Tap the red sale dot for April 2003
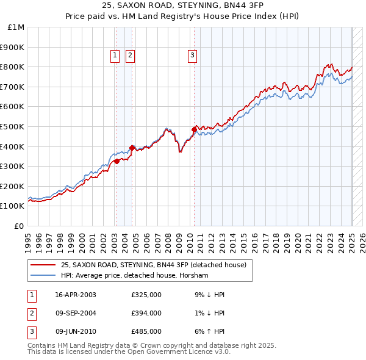pyautogui.click(x=117, y=161)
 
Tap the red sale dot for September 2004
pyautogui.click(x=132, y=148)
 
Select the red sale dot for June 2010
pyautogui.click(x=194, y=129)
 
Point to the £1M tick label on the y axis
pyautogui.click(x=16, y=27)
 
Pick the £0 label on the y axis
pyautogui.click(x=20, y=226)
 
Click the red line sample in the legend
pyautogui.click(x=43, y=265)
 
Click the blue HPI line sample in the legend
pyautogui.click(x=43, y=275)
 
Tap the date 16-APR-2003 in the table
pyautogui.click(x=75, y=295)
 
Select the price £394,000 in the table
pyautogui.click(x=146, y=313)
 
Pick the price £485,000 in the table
pyautogui.click(x=146, y=331)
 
